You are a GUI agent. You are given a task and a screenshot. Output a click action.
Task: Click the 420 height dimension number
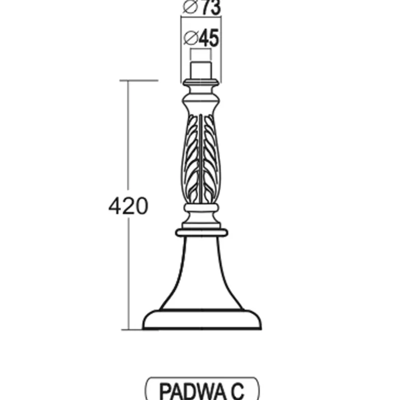(128, 206)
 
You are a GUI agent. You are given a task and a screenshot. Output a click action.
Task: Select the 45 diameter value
(209, 38)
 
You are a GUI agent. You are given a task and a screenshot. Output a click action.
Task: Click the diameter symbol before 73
(191, 7)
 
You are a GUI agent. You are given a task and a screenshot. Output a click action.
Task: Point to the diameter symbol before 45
(191, 38)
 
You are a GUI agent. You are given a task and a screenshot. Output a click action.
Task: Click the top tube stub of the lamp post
(201, 70)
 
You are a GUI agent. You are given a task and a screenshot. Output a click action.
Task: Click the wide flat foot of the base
(202, 319)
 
